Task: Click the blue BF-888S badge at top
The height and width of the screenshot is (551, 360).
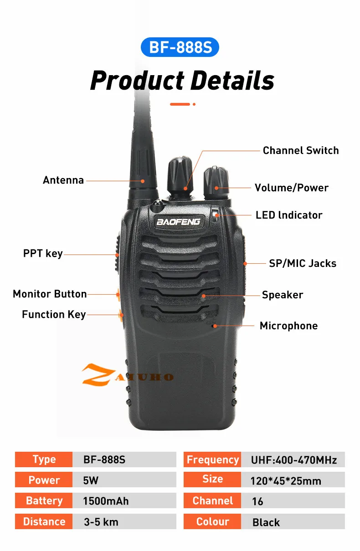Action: [x=180, y=47]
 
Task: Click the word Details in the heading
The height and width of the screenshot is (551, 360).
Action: [x=232, y=81]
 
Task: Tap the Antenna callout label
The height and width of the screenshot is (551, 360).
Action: [x=63, y=180]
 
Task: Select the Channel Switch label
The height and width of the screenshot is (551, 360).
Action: [x=301, y=151]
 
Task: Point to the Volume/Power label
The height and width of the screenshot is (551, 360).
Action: [x=291, y=188]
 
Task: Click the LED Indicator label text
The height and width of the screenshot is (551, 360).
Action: [x=289, y=215]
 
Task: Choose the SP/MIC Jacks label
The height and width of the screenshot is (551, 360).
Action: [x=303, y=263]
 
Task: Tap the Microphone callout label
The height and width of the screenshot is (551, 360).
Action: [x=288, y=326]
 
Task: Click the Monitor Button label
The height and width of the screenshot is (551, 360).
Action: [x=50, y=294]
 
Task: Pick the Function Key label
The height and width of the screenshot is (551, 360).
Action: [x=54, y=314]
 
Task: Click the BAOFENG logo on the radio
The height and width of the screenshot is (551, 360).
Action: [x=178, y=222]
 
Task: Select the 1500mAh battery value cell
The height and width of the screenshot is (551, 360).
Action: [x=123, y=501]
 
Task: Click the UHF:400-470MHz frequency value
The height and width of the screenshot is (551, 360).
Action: [x=294, y=460]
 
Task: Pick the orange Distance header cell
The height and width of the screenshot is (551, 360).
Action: [x=44, y=522]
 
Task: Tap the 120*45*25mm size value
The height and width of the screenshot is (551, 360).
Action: [x=286, y=481]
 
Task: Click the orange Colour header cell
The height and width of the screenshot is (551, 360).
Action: [x=212, y=522]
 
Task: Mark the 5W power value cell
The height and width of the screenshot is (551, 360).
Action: [x=123, y=480]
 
